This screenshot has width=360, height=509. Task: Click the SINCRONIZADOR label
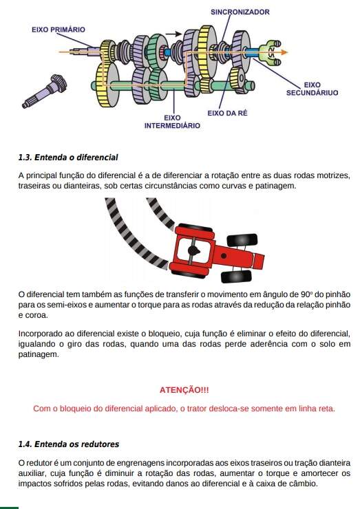[x=240, y=12]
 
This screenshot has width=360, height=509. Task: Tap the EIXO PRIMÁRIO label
[x=59, y=30]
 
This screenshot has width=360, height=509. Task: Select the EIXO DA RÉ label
[x=227, y=113]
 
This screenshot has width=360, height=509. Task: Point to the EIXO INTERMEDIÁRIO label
[x=172, y=122]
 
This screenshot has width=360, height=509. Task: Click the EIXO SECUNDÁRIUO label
[x=313, y=89]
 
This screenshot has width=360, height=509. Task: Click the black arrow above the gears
[x=173, y=34]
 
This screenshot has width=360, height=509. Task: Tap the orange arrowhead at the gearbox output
[x=284, y=52]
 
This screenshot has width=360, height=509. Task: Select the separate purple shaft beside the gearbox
[x=44, y=91]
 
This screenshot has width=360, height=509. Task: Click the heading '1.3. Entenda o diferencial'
[x=68, y=158]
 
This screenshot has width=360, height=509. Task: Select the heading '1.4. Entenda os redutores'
[x=69, y=444]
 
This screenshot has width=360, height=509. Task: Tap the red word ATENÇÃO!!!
[x=184, y=390]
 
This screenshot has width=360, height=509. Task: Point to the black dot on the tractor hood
[x=224, y=256]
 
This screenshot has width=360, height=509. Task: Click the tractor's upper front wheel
[x=242, y=240]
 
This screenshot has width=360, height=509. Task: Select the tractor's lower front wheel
[x=236, y=277]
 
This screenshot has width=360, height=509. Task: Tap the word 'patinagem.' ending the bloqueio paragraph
[x=39, y=354]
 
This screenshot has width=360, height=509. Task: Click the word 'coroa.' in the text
[x=36, y=315]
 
